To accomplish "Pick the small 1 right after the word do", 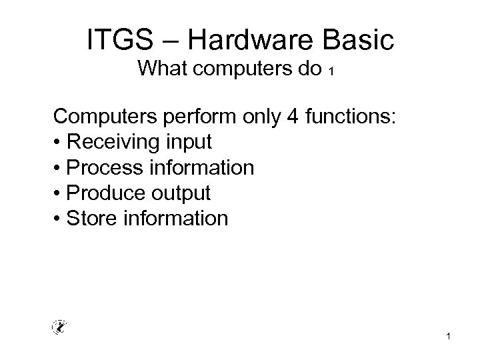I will (x=331, y=72).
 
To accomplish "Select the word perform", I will (x=191, y=117).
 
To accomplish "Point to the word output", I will (x=179, y=193).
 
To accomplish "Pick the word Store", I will (x=92, y=217).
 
